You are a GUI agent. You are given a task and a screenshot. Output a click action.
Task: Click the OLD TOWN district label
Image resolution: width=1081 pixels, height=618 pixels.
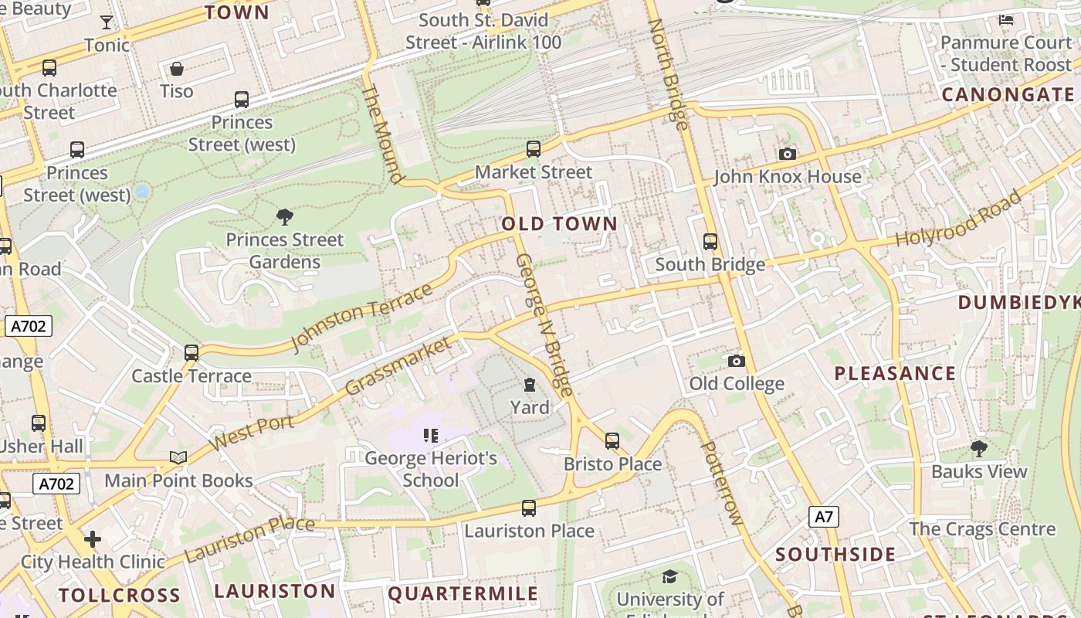pos(560,224)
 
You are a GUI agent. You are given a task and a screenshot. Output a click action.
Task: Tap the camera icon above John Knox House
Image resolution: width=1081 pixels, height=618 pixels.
pos(787,154)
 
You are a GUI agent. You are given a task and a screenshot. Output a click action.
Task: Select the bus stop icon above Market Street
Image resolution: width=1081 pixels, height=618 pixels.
pos(533,149)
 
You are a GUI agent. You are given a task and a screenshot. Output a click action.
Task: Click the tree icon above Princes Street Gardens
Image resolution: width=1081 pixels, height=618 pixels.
pos(284,217)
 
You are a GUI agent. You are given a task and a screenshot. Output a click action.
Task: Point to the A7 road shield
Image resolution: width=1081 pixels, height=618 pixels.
pos(824,516)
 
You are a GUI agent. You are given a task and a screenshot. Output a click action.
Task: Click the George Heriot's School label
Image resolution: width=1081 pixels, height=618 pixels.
pos(431,469)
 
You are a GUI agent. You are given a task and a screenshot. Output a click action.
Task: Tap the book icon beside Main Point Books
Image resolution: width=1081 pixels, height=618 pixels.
pos(178,457)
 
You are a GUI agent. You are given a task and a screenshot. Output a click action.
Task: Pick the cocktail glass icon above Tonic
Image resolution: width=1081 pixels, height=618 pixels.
pos(107,22)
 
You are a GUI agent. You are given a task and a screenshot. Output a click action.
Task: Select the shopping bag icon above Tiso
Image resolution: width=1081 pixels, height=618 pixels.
pos(177,69)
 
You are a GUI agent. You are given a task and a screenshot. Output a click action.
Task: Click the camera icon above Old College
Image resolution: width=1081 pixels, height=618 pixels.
pos(736,361)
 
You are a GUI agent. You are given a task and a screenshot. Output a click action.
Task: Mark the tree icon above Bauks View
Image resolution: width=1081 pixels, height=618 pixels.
pos(978,449)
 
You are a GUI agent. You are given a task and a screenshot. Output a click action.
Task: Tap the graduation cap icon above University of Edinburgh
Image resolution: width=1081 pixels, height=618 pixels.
pos(669,576)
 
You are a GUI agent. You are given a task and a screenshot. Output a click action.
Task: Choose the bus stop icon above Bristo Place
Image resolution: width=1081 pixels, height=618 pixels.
pos(612,441)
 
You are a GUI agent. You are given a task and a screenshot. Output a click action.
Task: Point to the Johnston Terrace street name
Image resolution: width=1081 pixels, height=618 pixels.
pos(362,317)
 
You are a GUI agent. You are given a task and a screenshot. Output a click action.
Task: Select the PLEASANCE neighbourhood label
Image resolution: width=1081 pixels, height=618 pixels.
pos(895,374)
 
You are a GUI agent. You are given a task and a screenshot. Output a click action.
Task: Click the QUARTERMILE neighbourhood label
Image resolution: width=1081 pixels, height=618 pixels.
pos(463,593)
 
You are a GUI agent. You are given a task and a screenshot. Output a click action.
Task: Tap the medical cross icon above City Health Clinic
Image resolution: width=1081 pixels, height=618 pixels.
pos(93,538)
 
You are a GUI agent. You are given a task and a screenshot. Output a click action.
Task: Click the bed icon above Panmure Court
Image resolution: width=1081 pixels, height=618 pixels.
pos(1006,20)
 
